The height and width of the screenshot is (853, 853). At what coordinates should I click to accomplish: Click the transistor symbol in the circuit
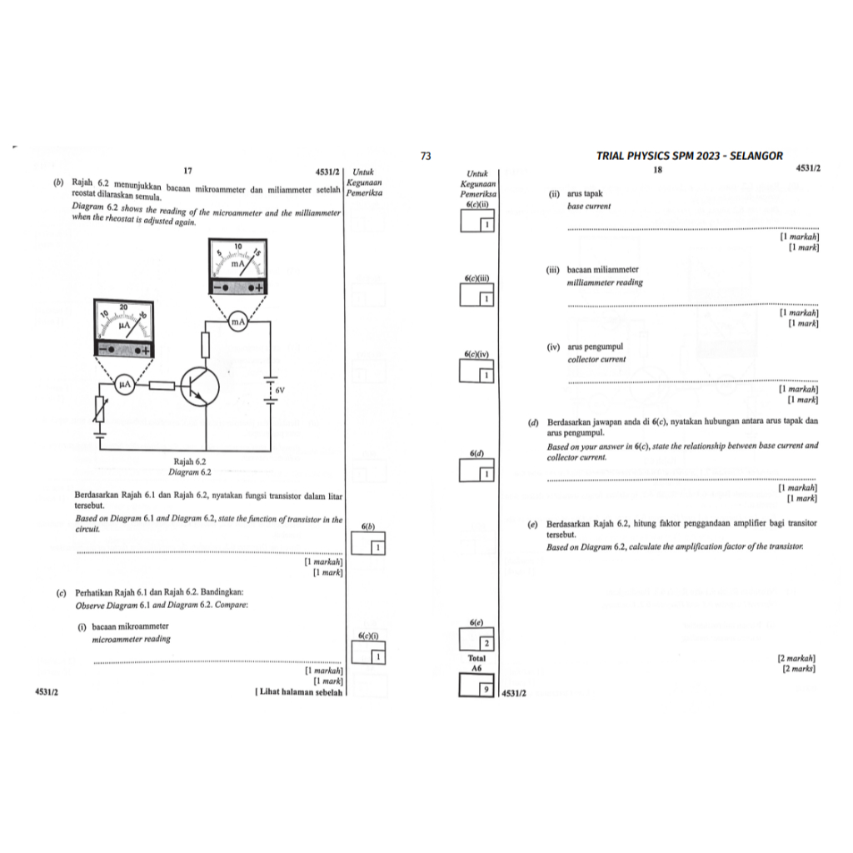pos(200,387)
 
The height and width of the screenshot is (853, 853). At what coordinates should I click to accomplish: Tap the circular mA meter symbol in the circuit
pos(237,322)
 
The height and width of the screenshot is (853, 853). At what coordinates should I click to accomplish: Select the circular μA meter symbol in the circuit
pos(125,384)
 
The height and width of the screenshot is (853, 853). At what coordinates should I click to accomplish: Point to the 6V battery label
pos(280,391)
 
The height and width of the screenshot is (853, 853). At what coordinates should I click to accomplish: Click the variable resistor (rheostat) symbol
pos(100,409)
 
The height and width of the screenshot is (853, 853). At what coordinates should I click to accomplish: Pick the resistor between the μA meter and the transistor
pos(162,386)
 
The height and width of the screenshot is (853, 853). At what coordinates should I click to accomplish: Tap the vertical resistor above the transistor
pos(205,345)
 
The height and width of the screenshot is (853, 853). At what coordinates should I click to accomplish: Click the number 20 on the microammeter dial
pos(123,307)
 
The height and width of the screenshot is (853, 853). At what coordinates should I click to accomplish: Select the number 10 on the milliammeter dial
pos(238,247)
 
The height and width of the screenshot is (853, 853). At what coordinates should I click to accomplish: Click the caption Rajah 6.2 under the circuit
pos(190,461)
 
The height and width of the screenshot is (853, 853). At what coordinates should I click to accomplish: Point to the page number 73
pos(426,156)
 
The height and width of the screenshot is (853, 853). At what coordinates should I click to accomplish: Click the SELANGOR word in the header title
pos(756,156)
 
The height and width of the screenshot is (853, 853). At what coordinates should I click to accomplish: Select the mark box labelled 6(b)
pos(368,543)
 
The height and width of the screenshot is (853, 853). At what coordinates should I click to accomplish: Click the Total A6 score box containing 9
pos(476,685)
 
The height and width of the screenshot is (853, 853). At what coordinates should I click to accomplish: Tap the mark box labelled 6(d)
pos(476,470)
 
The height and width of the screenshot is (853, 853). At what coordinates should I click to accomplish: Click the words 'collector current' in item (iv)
pos(596,360)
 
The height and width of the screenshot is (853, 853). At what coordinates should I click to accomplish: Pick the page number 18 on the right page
pos(658,170)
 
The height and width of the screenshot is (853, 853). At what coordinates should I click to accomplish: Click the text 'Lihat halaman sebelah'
pos(301,692)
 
